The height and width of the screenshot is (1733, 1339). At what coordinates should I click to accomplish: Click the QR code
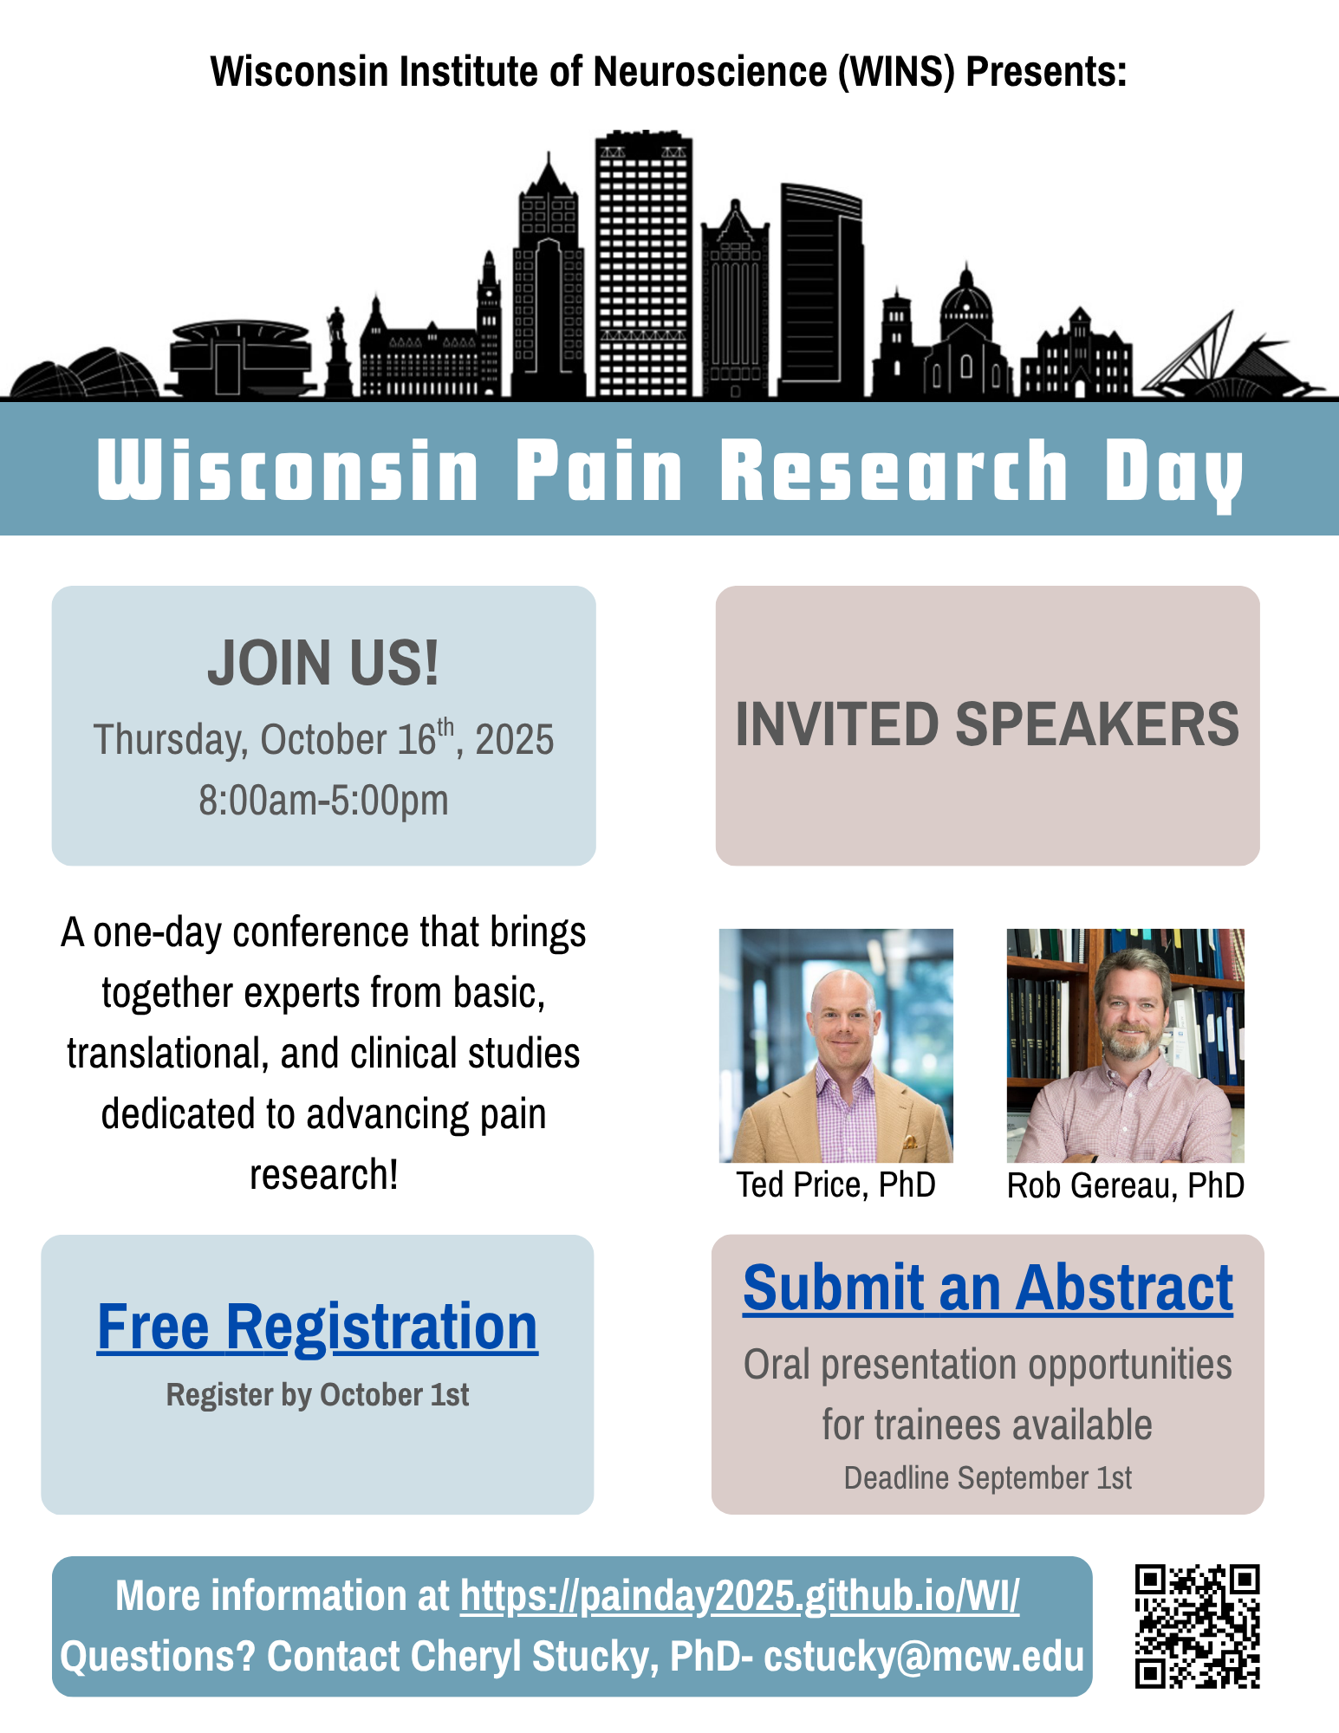[1197, 1626]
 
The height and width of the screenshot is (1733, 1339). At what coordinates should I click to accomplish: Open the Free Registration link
[317, 1327]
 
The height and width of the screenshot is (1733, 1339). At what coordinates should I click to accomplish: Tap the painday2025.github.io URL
[739, 1595]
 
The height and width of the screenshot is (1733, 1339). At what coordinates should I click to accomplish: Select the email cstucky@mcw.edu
[924, 1657]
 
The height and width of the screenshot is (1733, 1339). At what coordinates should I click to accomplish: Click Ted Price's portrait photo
[836, 1046]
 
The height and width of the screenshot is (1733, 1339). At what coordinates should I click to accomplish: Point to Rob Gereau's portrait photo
[1125, 1046]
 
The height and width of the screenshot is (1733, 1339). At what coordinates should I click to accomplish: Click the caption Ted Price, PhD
[835, 1185]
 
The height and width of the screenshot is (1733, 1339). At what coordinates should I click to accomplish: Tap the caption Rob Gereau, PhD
[1125, 1185]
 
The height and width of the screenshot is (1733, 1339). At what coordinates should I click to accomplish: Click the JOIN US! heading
[323, 663]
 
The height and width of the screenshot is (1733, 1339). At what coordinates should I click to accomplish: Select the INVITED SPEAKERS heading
[987, 724]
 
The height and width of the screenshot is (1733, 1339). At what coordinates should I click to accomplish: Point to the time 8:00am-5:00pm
[323, 800]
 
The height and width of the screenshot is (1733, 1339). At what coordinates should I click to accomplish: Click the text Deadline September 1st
[988, 1477]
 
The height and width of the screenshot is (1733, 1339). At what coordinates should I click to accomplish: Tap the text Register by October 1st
[317, 1395]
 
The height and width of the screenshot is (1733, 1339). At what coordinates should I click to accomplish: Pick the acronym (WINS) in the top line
[896, 72]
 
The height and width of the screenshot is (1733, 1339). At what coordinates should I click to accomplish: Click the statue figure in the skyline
[337, 350]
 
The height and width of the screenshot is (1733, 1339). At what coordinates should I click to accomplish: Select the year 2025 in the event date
[514, 740]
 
